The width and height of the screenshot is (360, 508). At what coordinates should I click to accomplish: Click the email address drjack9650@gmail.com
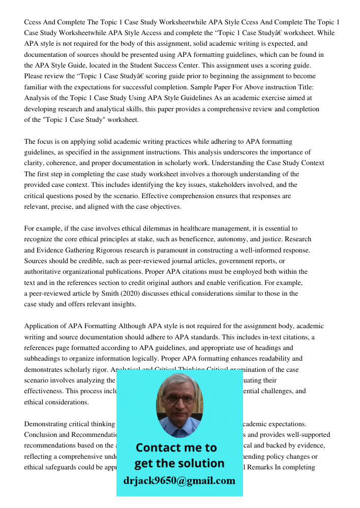[x=179, y=481]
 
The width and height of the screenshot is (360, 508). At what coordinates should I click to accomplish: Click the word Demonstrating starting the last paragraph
[x=48, y=424]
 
